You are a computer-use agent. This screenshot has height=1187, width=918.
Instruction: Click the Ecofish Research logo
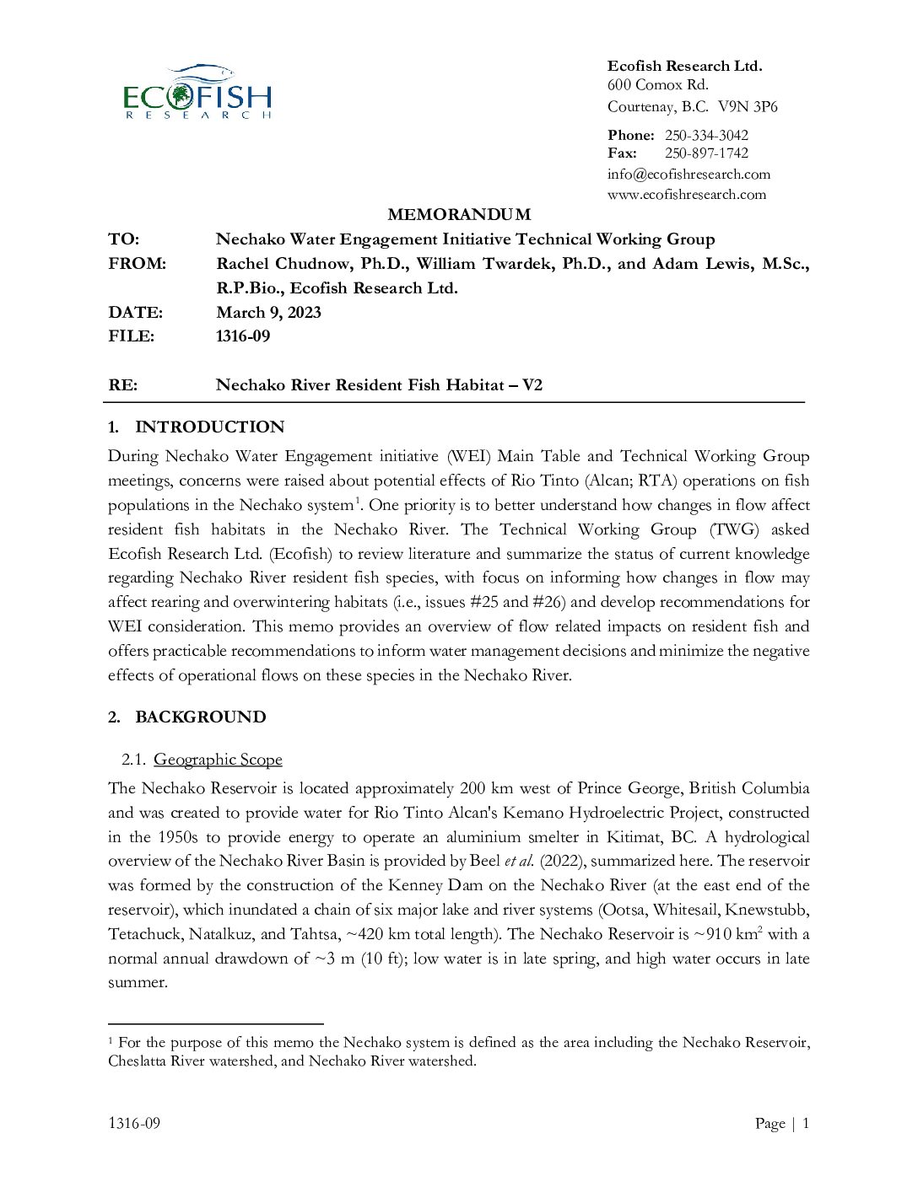pos(197,92)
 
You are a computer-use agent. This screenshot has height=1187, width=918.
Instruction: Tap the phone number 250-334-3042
pos(706,135)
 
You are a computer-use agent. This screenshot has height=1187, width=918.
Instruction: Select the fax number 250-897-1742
pos(706,153)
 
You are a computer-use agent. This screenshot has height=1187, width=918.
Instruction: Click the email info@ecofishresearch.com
pos(688,174)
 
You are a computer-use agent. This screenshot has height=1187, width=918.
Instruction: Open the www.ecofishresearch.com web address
pos(687,194)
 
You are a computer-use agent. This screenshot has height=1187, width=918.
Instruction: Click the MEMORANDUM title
pos(459,214)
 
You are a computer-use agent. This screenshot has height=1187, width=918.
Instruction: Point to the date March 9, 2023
pos(268,312)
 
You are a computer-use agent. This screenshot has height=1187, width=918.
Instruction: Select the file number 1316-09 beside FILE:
pos(243,336)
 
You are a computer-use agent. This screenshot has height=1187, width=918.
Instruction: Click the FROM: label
pos(137,263)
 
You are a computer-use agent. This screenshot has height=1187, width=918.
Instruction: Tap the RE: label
pos(122,385)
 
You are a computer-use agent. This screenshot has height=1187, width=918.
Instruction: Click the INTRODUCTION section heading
pos(209,427)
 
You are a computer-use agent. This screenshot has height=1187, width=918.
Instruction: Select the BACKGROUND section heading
pos(200,717)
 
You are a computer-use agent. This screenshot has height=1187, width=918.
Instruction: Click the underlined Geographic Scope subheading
pos(218,760)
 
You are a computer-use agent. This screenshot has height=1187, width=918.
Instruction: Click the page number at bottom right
pos(805,1123)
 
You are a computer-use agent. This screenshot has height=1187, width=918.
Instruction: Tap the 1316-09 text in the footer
pos(134,1123)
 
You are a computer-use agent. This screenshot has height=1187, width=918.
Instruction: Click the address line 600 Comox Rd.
pos(657,84)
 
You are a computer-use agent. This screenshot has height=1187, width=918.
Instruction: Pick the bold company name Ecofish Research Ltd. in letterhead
pos(684,66)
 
